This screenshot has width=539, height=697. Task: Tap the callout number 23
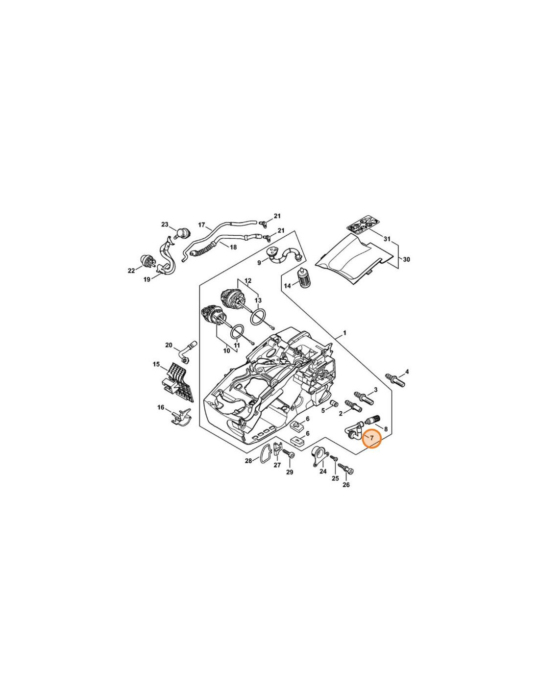point(165,224)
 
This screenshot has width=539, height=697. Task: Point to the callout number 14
point(287,285)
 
